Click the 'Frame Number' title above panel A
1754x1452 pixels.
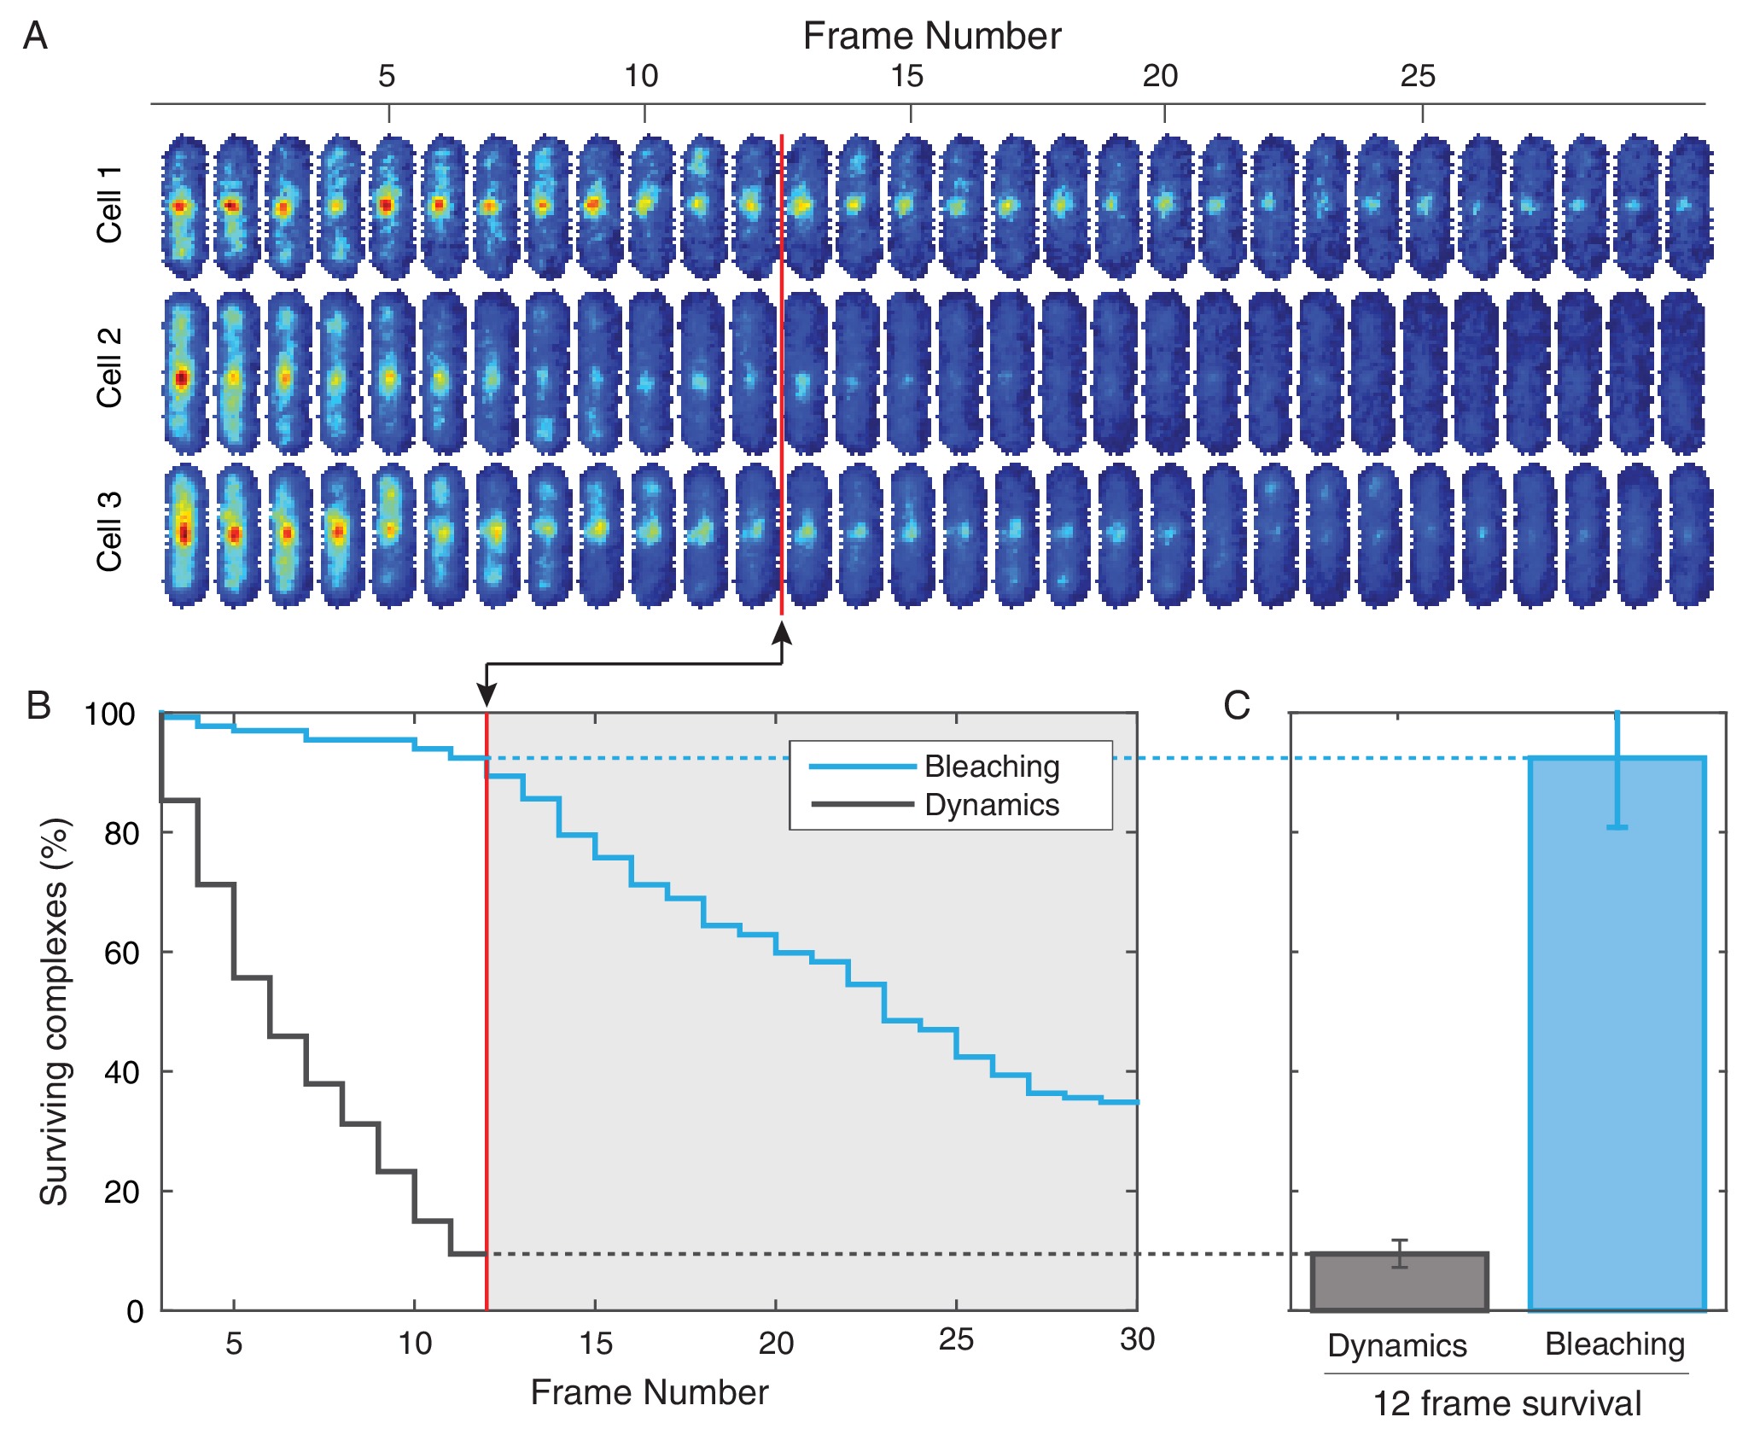pyautogui.click(x=931, y=37)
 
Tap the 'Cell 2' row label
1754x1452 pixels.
pyautogui.click(x=109, y=367)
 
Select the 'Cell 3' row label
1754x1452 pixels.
pyautogui.click(x=109, y=531)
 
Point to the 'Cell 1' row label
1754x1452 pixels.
pyautogui.click(x=109, y=205)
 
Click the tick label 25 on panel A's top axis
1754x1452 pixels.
pyautogui.click(x=1418, y=77)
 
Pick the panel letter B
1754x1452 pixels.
pyautogui.click(x=38, y=705)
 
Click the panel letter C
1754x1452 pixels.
pyautogui.click(x=1236, y=705)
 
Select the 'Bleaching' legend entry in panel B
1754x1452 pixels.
pyautogui.click(x=992, y=767)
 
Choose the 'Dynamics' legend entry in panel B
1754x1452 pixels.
pyautogui.click(x=992, y=805)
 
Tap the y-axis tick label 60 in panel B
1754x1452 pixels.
pyautogui.click(x=120, y=953)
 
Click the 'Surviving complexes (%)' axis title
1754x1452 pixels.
pyautogui.click(x=54, y=1012)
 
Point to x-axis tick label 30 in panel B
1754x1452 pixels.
pyautogui.click(x=1137, y=1339)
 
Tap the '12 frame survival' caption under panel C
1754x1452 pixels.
pyautogui.click(x=1506, y=1403)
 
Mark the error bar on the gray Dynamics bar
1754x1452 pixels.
pyautogui.click(x=1399, y=1253)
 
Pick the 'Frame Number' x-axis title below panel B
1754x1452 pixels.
pyautogui.click(x=650, y=1392)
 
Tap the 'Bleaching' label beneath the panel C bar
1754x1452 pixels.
pyautogui.click(x=1615, y=1344)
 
